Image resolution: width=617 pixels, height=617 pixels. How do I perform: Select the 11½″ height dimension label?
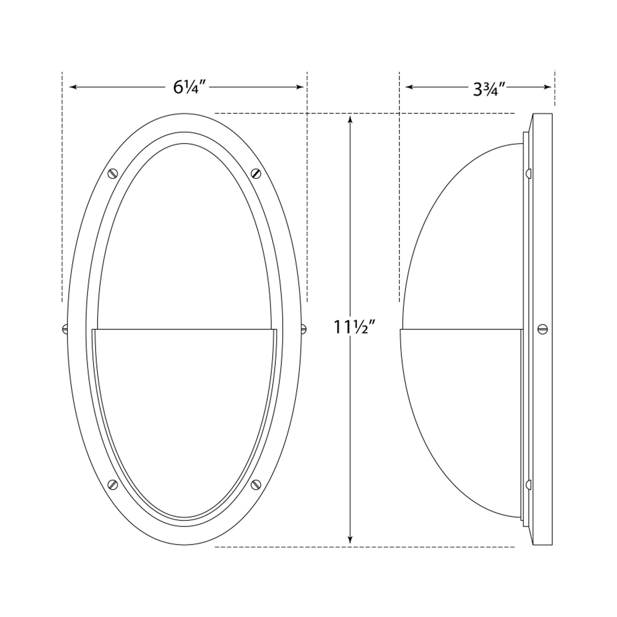point(354,327)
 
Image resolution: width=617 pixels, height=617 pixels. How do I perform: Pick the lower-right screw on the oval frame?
point(256,484)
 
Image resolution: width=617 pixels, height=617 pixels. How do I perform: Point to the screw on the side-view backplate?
point(543,329)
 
